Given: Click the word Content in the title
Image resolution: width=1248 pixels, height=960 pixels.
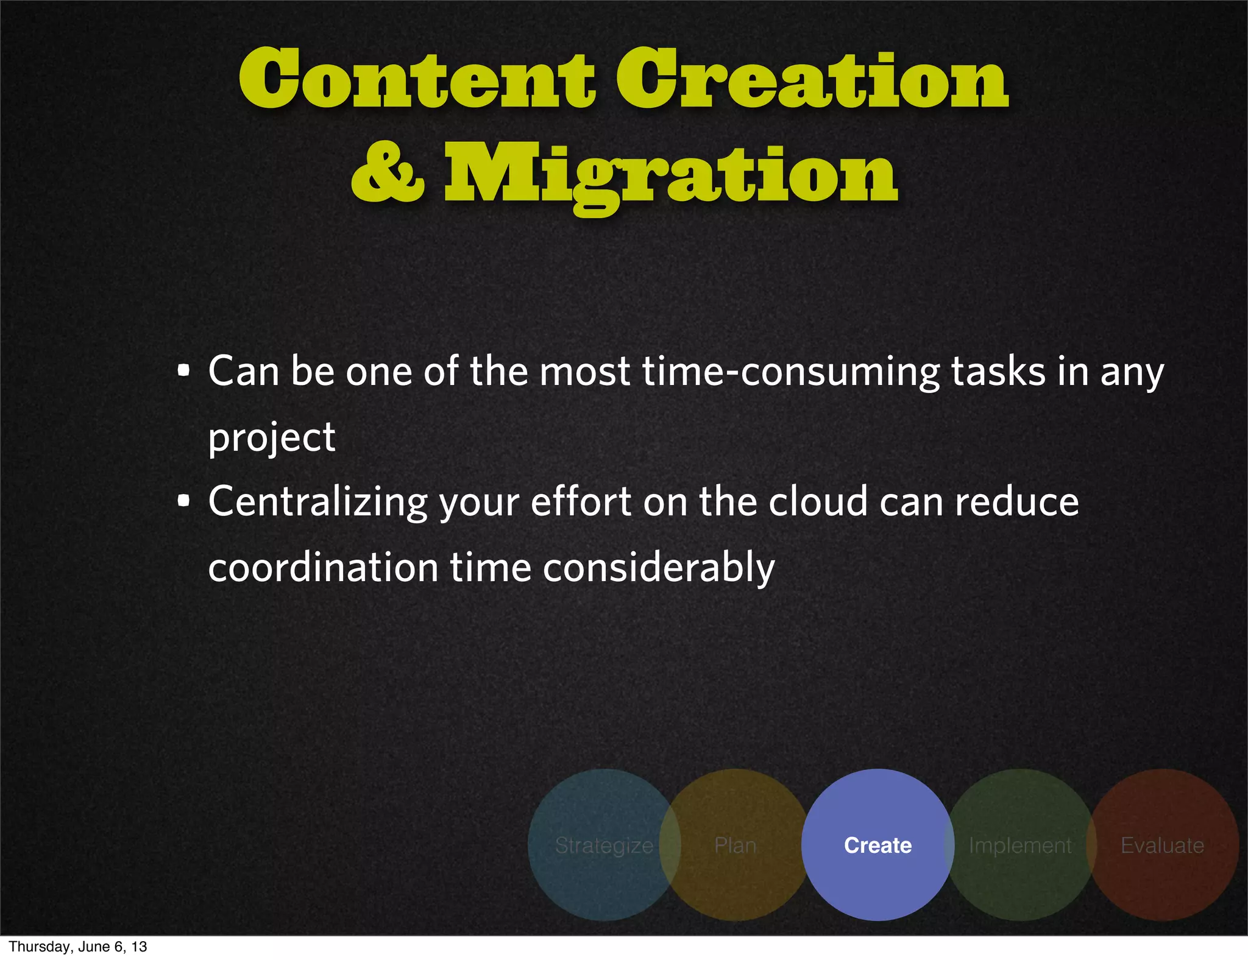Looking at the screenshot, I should [x=417, y=79].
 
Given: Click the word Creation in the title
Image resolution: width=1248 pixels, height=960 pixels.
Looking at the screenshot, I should [x=812, y=79].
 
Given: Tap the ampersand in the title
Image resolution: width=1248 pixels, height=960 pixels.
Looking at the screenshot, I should [x=388, y=173].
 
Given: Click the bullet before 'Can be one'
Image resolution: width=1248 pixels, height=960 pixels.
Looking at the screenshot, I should [x=183, y=370].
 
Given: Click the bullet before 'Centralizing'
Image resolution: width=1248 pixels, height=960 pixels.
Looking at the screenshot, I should [x=183, y=501].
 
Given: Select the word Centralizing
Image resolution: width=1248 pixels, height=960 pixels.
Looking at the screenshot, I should [x=318, y=503].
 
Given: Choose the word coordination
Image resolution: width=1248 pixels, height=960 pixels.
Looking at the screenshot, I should [x=323, y=568].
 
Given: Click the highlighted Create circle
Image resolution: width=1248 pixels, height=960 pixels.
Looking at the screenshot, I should [x=877, y=845].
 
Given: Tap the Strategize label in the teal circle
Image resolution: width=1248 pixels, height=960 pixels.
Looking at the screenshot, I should [x=604, y=845].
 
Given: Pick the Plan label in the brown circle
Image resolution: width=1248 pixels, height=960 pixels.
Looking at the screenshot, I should [x=735, y=845].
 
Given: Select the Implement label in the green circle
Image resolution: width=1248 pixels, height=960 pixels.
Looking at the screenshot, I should [x=1019, y=845].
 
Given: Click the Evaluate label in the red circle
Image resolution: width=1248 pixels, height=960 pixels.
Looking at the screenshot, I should [x=1162, y=845].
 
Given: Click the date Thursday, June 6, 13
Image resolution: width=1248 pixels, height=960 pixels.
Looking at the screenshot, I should [x=78, y=947].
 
